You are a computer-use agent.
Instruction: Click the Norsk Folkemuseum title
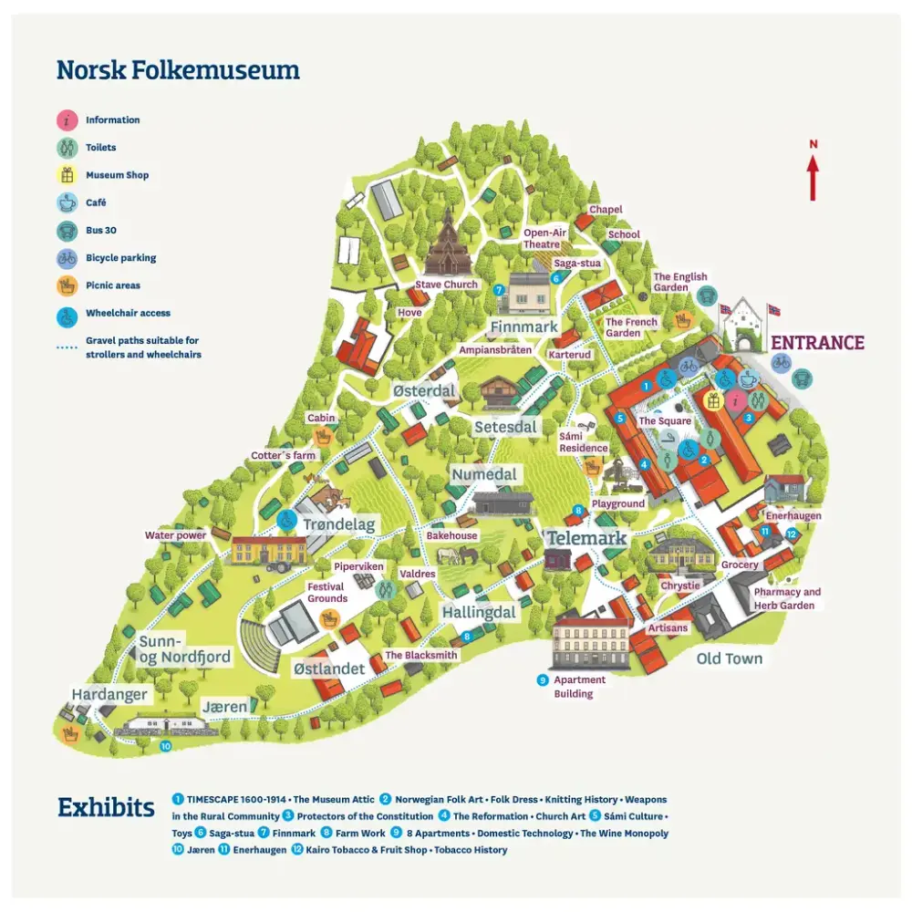point(178,69)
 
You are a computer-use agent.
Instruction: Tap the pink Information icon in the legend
point(67,119)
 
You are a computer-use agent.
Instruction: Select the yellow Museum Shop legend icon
point(67,175)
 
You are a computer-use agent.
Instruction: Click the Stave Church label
point(447,285)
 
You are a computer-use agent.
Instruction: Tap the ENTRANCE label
point(817,343)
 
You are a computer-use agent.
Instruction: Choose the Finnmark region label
point(523,326)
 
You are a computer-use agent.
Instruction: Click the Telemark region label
point(586,538)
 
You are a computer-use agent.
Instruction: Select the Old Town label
point(729,658)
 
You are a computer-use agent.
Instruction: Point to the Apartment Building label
point(579,687)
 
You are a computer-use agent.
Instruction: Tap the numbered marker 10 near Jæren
point(165,746)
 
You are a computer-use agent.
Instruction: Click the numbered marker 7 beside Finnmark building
point(499,289)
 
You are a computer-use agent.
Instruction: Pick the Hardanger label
point(109,695)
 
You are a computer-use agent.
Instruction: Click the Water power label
point(175,535)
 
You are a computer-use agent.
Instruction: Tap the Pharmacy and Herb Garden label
point(787,598)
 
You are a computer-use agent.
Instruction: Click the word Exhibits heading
point(106,808)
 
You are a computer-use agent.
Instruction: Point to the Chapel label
point(606,210)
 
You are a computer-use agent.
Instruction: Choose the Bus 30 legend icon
point(67,231)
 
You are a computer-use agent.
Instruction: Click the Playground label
point(618,503)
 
